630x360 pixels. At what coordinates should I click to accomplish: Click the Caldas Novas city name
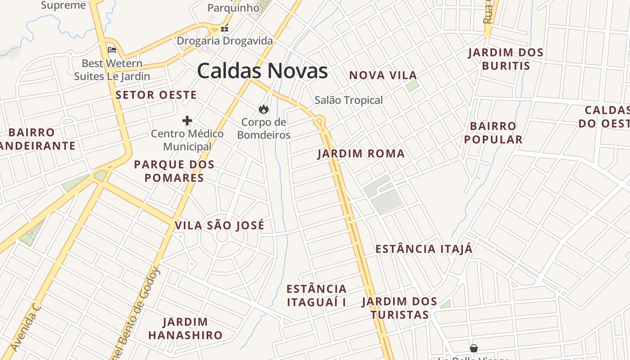(x=262, y=71)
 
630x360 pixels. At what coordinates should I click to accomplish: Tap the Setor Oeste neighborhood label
(x=156, y=95)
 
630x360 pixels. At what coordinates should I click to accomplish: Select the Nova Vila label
(x=383, y=75)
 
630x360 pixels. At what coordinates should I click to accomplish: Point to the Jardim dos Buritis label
(x=506, y=59)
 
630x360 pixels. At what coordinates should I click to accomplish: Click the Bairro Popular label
(x=493, y=133)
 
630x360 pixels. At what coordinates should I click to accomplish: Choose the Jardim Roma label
(x=361, y=154)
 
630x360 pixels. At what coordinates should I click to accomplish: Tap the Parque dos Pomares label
(x=174, y=171)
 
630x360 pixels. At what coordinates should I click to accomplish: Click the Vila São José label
(x=220, y=225)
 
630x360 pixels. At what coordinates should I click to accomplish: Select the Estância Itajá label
(x=424, y=249)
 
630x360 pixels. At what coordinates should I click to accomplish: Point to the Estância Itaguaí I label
(x=316, y=295)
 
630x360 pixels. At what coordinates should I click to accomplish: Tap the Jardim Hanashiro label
(x=185, y=328)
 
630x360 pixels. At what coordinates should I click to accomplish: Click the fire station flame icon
(x=263, y=109)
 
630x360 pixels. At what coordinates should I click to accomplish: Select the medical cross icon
(x=187, y=121)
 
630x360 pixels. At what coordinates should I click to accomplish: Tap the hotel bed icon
(x=112, y=50)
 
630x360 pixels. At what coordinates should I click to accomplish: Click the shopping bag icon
(x=473, y=348)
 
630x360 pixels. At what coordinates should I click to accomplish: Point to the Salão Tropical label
(x=349, y=100)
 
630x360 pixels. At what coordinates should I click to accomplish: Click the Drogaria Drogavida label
(x=225, y=41)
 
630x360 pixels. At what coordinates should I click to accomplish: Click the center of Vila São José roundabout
(x=223, y=237)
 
